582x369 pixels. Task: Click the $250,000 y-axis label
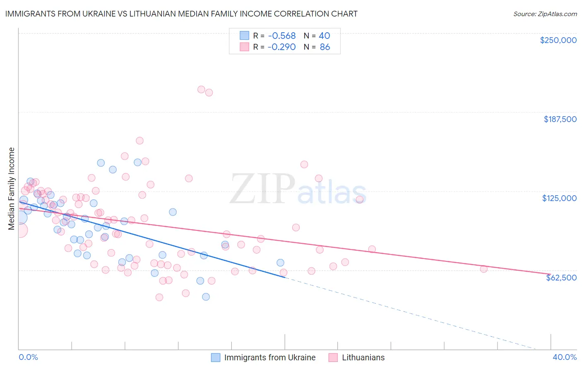(558, 40)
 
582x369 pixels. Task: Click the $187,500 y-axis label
(560, 119)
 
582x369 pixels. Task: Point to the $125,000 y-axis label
(559, 198)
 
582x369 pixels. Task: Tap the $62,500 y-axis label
(561, 278)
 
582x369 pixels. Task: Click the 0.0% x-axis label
(28, 357)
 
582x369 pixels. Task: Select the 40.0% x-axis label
(565, 357)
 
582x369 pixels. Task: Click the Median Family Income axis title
(12, 189)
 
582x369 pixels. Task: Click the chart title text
(181, 14)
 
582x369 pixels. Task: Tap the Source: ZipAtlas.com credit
(545, 14)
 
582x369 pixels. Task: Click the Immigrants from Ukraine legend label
(269, 357)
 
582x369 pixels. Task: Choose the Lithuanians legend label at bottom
(363, 357)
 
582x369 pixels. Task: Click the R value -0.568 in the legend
(281, 36)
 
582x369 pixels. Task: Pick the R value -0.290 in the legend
(281, 47)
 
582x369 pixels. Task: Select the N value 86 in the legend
(325, 47)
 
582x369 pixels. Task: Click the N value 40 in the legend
(324, 36)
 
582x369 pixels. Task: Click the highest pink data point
(201, 89)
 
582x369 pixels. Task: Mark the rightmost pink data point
(483, 269)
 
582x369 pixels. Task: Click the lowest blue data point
(206, 297)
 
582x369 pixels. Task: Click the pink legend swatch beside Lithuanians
(333, 357)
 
